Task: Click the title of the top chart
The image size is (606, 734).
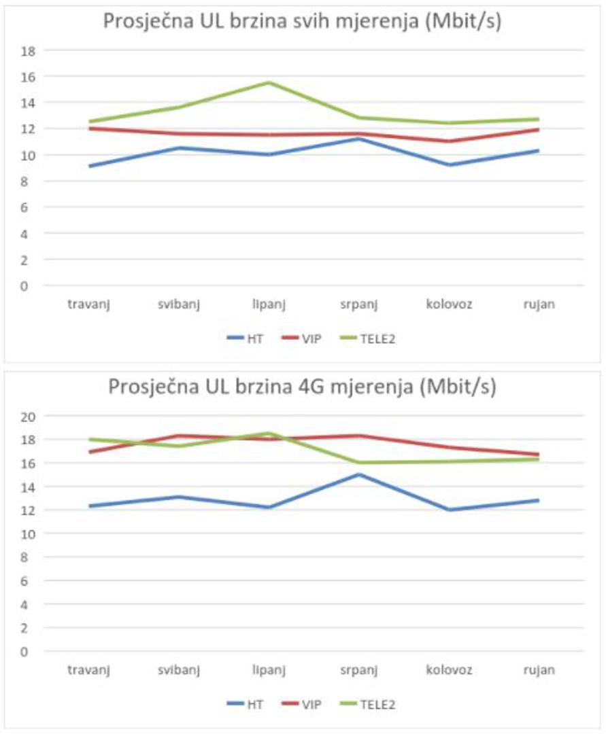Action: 303,21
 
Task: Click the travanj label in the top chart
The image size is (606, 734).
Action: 88,304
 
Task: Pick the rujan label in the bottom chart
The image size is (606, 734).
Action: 539,670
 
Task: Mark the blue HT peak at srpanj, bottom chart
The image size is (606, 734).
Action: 359,474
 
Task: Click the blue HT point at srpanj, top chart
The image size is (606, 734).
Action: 359,139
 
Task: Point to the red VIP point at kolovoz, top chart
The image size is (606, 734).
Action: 449,141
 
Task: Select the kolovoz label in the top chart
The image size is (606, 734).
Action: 449,304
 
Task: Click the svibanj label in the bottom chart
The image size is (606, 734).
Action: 179,670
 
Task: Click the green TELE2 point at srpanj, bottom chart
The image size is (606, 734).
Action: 359,463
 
